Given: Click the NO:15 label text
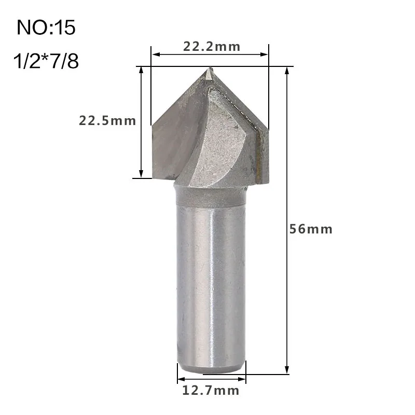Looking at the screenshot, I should pos(46,27).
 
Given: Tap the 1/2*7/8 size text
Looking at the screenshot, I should pos(46,62).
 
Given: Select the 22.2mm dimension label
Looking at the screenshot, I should pos(212,47).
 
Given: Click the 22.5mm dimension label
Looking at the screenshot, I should pos(107,121).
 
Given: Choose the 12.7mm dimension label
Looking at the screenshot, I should pos(211,390).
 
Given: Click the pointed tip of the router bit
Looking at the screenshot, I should pos(209,71).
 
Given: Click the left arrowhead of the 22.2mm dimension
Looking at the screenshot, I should pos(154,53).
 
